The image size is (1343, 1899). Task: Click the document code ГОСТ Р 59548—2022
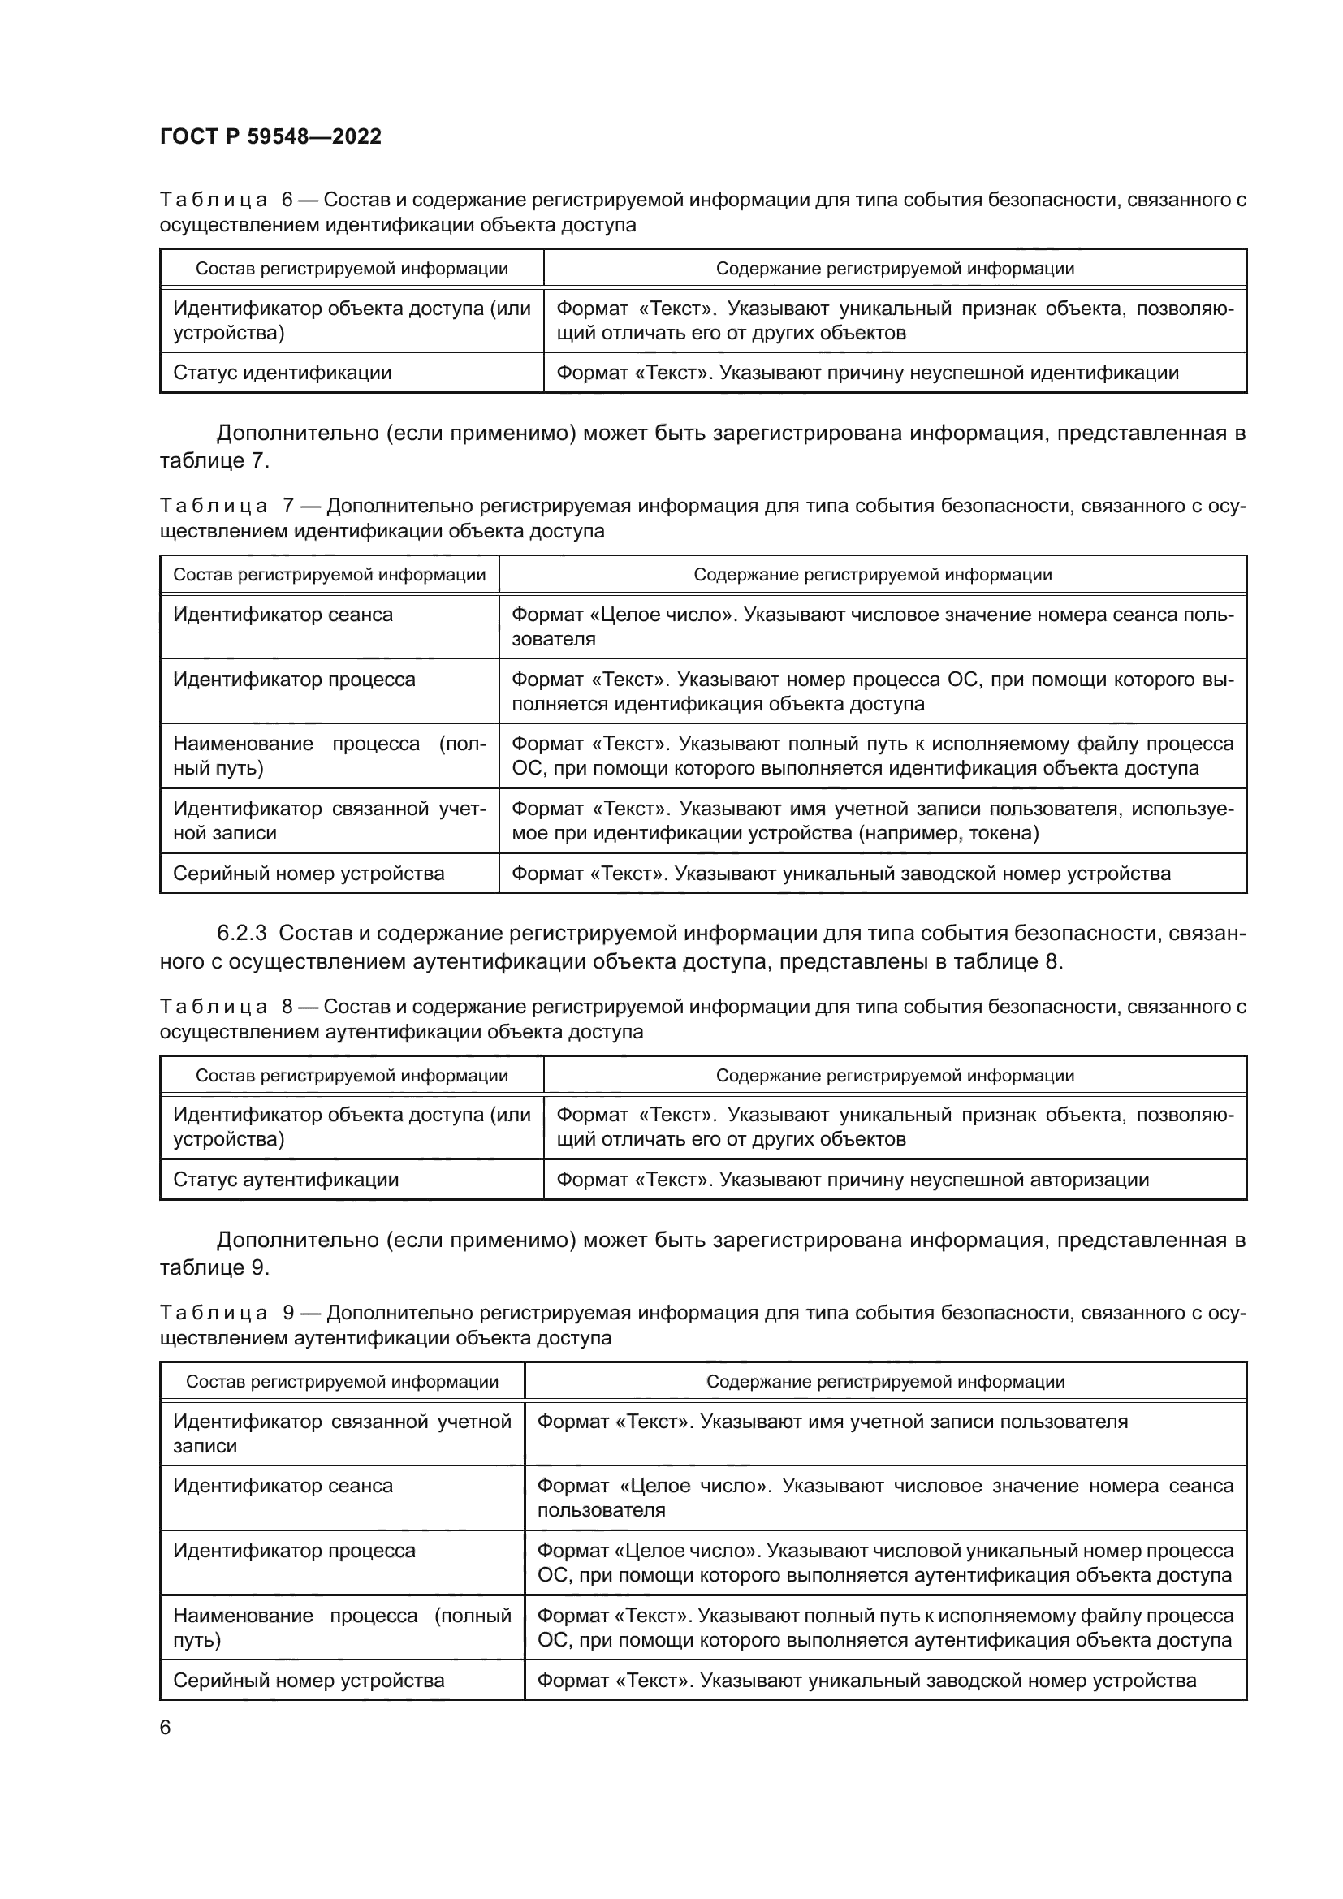270,136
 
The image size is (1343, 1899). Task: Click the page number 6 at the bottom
166,1728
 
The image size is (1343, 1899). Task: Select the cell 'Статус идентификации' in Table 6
282,373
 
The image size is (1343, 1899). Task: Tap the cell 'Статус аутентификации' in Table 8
285,1180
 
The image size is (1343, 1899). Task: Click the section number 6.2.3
241,933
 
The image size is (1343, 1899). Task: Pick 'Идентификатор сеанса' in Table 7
283,615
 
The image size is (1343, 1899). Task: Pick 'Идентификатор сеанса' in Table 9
283,1486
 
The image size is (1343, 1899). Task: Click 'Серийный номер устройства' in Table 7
309,874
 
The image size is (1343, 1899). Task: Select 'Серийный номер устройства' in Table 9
309,1680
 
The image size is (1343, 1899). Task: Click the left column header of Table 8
352,1075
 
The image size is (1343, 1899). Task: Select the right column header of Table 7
872,575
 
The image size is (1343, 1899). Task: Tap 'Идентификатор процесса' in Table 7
294,680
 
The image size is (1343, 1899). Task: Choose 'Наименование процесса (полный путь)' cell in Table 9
342,1627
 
